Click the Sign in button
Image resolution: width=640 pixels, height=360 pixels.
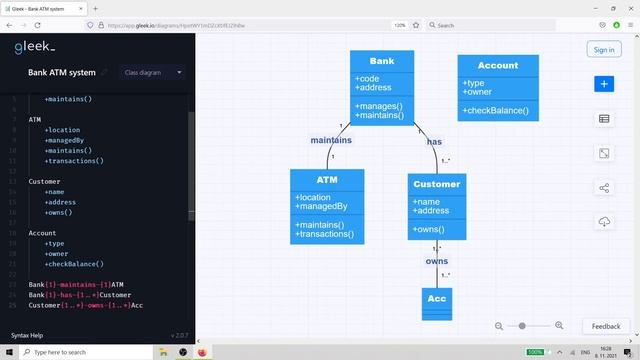(x=603, y=49)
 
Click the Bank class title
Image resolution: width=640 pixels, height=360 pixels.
(x=381, y=61)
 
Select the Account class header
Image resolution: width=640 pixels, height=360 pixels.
(x=498, y=65)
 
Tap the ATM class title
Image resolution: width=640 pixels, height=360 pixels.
(x=327, y=179)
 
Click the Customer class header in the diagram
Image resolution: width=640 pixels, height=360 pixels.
(x=437, y=184)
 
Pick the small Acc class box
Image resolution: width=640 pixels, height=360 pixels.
(x=437, y=299)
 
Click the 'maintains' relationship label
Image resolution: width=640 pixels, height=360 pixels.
(x=330, y=140)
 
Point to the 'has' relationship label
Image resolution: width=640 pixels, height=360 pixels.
(x=434, y=142)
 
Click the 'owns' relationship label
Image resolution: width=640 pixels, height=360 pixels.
(x=437, y=261)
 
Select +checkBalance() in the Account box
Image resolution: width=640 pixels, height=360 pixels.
(x=496, y=110)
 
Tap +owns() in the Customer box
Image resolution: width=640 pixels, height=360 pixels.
(x=428, y=230)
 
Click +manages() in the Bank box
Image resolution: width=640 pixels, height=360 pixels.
(x=379, y=106)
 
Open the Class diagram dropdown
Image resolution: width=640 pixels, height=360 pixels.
(x=153, y=72)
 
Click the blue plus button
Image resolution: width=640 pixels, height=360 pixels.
(x=604, y=85)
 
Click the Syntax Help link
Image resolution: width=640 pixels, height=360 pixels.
(x=27, y=335)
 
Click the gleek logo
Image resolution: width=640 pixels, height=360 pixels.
(x=35, y=47)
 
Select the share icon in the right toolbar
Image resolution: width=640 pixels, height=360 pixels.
(x=604, y=187)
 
